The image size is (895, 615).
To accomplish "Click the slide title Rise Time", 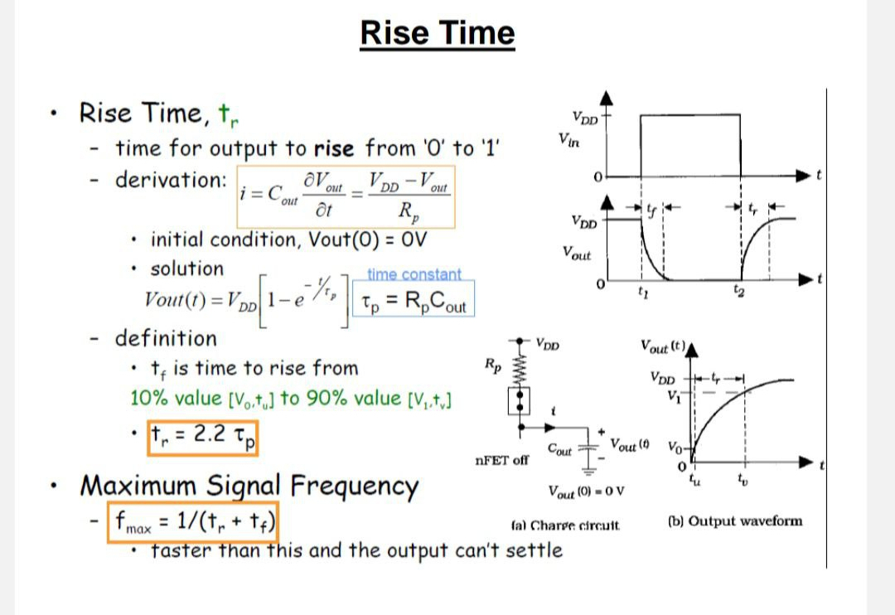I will click(438, 33).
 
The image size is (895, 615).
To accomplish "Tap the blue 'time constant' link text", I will click(414, 274).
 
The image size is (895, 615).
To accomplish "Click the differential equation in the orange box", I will click(346, 197).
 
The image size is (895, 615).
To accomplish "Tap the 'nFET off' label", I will click(501, 460).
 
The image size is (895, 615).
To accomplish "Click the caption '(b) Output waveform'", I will click(734, 521).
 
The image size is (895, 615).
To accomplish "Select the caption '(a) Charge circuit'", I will click(565, 525).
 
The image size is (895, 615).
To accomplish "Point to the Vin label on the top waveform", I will click(569, 143).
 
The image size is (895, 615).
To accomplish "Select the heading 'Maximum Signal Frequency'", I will click(249, 485).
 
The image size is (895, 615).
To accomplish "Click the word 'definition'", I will click(165, 338).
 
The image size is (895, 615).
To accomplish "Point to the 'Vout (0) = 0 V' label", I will click(586, 492).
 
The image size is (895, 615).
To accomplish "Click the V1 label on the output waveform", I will click(672, 394).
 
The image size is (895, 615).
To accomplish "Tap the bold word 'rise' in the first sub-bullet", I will click(334, 149).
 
